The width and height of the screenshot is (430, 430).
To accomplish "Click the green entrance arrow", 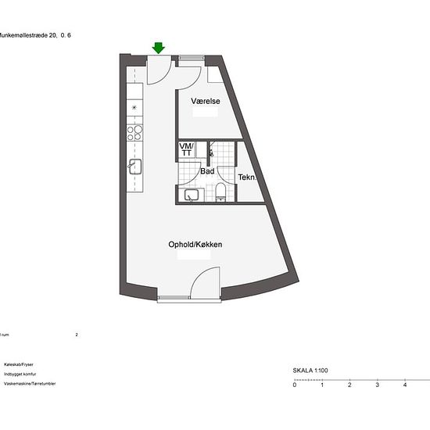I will [159, 48].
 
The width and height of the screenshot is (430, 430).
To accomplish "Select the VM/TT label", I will [186, 149].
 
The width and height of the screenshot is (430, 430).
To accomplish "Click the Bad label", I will [207, 170].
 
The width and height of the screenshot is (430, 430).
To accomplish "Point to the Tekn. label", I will [247, 177].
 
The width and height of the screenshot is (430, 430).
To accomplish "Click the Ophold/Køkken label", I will [195, 245].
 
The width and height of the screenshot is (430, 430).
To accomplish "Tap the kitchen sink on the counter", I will [134, 166].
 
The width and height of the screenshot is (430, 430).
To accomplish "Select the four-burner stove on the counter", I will [134, 131].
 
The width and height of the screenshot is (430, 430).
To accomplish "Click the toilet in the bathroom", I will [220, 192].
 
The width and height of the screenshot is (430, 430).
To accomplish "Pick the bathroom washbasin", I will [191, 194].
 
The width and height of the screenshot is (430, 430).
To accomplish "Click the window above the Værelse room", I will [191, 58].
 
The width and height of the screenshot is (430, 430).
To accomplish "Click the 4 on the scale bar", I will [404, 385].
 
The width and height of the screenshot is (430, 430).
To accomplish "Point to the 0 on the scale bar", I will [295, 385].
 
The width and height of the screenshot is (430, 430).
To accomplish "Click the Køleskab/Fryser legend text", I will [19, 364].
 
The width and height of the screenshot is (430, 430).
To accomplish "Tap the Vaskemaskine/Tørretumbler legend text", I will [30, 384].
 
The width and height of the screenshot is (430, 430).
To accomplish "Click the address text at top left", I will [27, 34].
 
